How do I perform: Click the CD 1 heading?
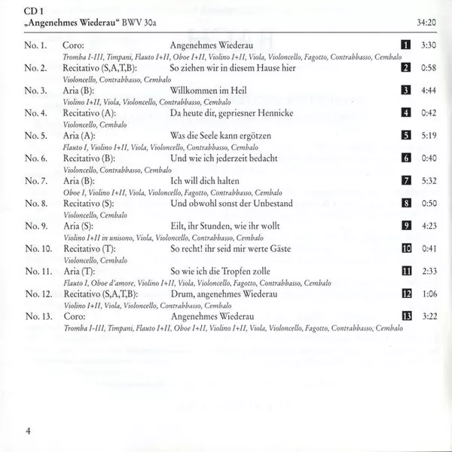pos(33,10)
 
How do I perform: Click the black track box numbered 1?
pos(405,46)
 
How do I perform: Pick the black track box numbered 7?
pos(405,181)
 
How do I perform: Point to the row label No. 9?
pos(35,226)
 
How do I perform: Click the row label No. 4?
pos(35,113)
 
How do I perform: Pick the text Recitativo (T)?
pos(95,248)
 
